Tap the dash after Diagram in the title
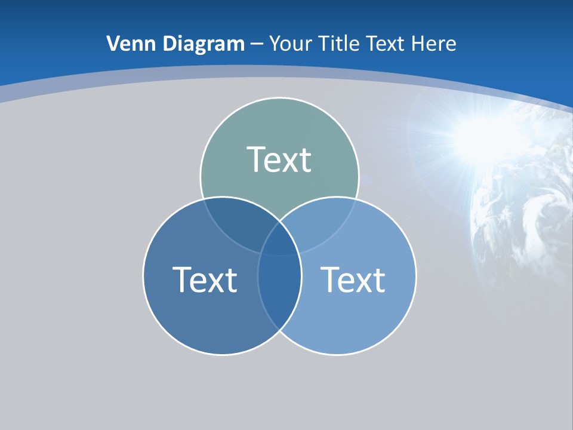257,44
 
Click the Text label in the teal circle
279,159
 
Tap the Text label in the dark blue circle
205,279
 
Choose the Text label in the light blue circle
353,279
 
